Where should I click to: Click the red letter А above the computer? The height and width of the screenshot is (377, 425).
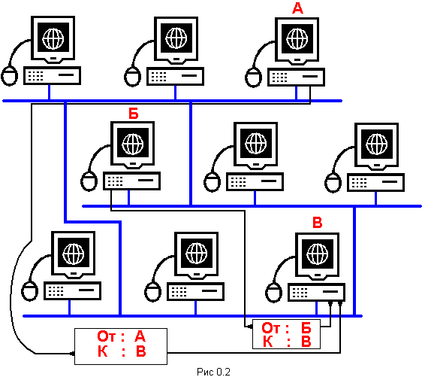coord(297,8)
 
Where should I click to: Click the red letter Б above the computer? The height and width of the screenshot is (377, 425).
coord(134,114)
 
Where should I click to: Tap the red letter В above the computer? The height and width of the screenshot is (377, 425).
coord(318,222)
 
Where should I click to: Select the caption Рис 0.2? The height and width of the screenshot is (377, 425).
coord(213,372)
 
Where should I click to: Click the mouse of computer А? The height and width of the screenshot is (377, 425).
coord(253,78)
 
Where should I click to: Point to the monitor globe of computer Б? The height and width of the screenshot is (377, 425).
coord(133,144)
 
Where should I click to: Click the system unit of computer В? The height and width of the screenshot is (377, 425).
coord(316,292)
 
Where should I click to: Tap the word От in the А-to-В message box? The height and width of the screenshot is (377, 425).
coord(107,336)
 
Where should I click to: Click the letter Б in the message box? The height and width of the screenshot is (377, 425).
coord(306,328)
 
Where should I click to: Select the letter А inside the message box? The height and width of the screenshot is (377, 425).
coord(140,336)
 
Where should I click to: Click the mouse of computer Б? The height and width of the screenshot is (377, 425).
coord(89,181)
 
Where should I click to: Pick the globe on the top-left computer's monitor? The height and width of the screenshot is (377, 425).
coord(53,38)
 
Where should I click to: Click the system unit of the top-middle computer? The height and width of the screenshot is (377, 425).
coord(175,77)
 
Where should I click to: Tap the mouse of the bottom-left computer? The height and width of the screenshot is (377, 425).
coord(29,291)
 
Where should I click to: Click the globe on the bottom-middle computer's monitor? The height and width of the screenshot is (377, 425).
coord(196,254)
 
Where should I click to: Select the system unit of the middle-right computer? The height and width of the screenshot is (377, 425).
coord(375,183)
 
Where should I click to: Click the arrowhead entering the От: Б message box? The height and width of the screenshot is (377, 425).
coord(250,327)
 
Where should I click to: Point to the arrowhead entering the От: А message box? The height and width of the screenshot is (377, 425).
coord(72,354)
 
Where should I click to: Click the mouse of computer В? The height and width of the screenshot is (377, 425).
coord(273,293)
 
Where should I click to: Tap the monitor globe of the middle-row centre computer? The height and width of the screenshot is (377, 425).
coord(255,144)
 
